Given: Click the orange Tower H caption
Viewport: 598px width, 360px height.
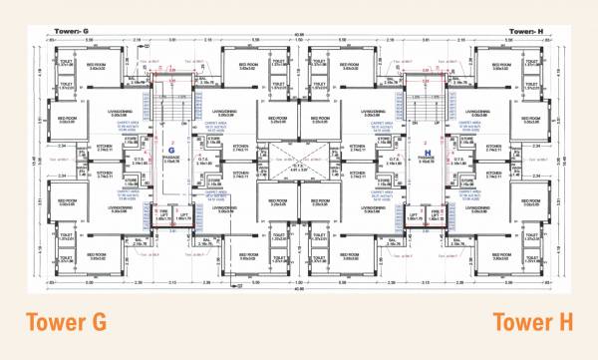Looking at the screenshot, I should (x=532, y=323).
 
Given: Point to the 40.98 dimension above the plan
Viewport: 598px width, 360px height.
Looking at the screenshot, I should (x=299, y=40).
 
